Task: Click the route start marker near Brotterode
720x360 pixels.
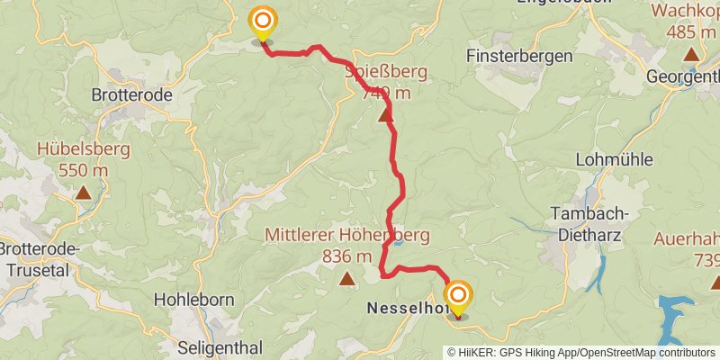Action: click(x=262, y=22)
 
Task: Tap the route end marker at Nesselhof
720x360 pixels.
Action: click(x=458, y=297)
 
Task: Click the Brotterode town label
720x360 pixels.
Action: click(x=131, y=93)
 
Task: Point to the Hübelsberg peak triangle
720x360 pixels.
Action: click(x=83, y=191)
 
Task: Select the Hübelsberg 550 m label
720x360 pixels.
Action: click(x=84, y=158)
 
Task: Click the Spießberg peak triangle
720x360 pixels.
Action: click(x=385, y=115)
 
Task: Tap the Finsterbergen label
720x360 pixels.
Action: click(x=520, y=56)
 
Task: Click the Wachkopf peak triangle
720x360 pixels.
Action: click(x=691, y=54)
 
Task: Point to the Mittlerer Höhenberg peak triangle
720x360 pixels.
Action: click(x=346, y=280)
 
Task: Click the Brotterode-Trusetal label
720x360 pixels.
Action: click(x=40, y=258)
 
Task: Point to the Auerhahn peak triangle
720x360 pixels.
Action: click(x=715, y=282)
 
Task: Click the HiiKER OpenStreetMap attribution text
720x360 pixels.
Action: click(x=581, y=353)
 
